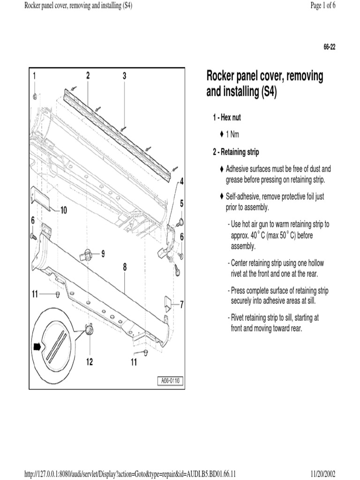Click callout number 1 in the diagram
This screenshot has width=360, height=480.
(34, 75)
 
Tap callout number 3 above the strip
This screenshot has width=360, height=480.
(124, 75)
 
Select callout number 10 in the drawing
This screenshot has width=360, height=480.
(62, 210)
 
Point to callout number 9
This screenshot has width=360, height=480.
(103, 254)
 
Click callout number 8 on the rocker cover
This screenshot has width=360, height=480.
(125, 267)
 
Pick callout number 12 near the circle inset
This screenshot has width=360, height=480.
(89, 361)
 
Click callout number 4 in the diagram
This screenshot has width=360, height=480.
(181, 181)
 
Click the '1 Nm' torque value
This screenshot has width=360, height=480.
(232, 135)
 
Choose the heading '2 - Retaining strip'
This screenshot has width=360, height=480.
(235, 152)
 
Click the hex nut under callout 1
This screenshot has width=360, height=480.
(35, 97)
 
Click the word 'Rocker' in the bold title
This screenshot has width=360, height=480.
(222, 76)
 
